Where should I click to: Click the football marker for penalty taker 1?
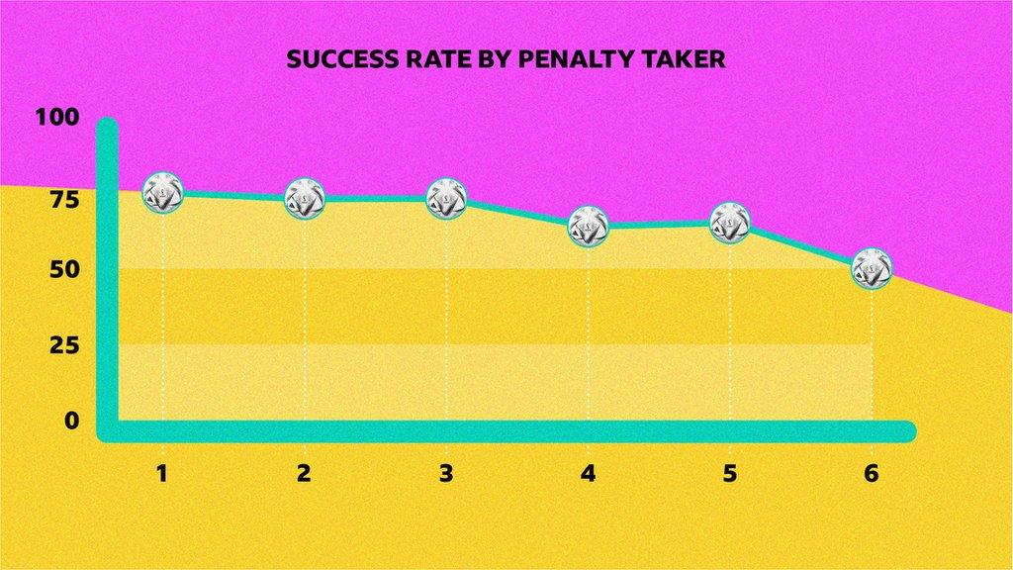coord(162,192)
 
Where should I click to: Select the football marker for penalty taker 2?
coord(305,199)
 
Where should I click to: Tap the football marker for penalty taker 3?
coord(446,198)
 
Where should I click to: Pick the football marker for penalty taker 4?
coord(589,226)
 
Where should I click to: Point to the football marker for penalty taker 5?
coord(730,223)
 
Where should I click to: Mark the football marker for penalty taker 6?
coord(872,268)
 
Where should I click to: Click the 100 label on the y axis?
coord(56,117)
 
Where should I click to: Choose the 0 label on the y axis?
coord(70,421)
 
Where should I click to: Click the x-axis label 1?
coord(161,473)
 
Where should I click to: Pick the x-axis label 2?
coord(304,473)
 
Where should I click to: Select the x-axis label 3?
coord(446,473)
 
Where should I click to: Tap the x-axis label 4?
coord(589,473)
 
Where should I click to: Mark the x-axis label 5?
coord(730,473)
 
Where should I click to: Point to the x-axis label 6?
coord(872,473)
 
